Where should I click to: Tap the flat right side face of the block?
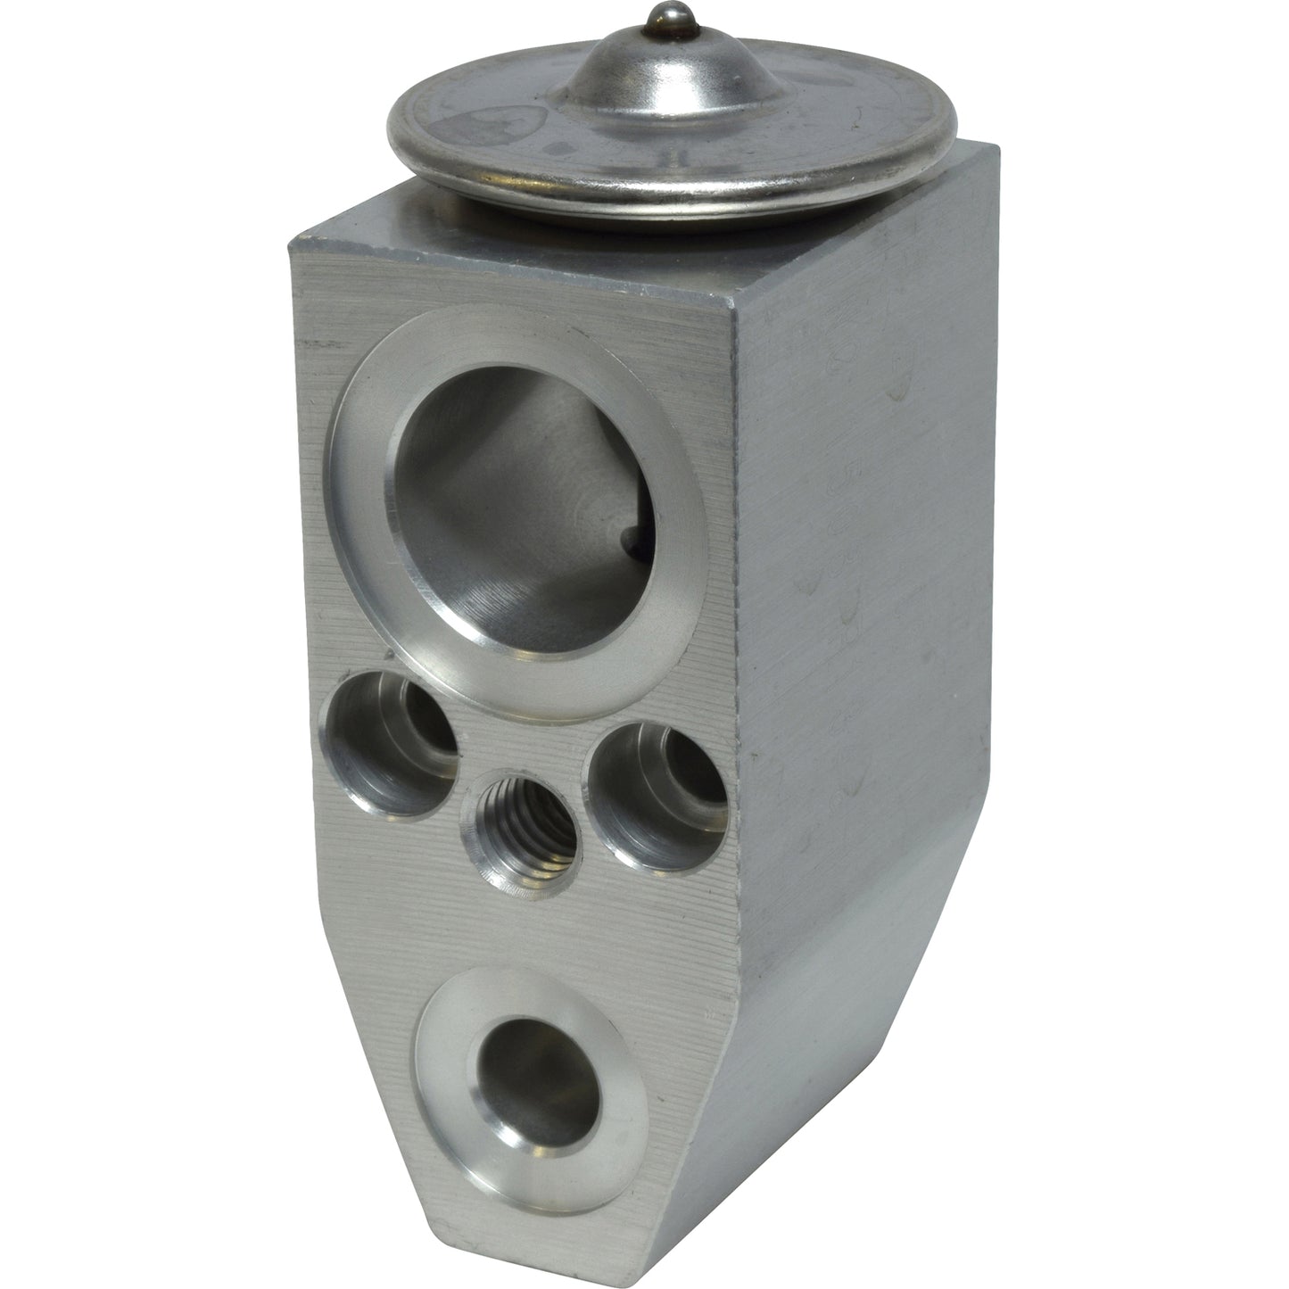click(856, 535)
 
